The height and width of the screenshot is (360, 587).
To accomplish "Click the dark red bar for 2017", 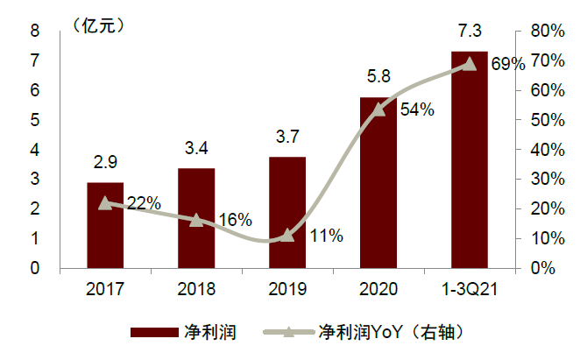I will (x=105, y=225).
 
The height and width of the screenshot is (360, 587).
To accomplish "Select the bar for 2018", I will (x=196, y=218).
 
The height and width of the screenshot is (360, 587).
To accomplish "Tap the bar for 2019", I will (x=287, y=214).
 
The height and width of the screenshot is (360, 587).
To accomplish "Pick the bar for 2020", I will (x=378, y=182).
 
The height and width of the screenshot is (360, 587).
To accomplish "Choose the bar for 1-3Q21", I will (x=470, y=160).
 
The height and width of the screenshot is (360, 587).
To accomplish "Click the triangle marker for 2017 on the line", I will (x=105, y=202).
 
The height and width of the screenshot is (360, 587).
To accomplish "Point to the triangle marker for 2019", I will (x=287, y=235).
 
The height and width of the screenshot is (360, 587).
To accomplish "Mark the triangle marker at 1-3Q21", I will (x=470, y=63).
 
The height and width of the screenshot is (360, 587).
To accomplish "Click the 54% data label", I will (x=417, y=110).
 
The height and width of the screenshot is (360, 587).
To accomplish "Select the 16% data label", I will (x=234, y=221).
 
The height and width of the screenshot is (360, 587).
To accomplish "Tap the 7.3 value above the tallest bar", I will (x=470, y=32).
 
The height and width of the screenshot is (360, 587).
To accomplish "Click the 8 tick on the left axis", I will (x=36, y=31).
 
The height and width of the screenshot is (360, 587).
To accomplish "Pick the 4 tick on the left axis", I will (x=36, y=150).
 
